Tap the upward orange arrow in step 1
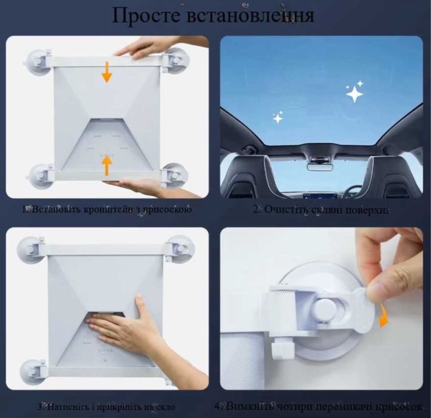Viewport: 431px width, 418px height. [107, 164]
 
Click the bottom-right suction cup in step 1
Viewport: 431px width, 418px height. [176, 175]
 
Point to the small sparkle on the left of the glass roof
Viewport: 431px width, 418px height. [278, 118]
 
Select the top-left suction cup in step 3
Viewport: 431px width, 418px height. [31, 249]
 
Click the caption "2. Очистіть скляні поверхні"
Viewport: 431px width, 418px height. [321, 210]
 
